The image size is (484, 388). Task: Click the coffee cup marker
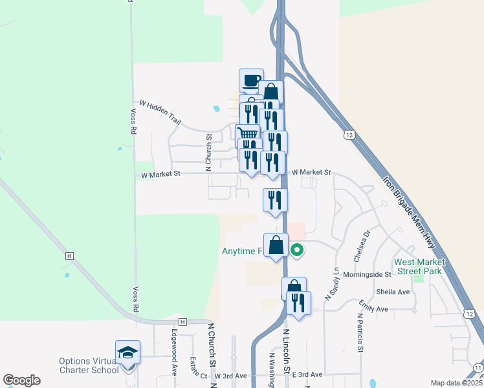(251, 81)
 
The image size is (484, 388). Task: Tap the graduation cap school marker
(127, 352)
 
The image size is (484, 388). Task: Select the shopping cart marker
(246, 135)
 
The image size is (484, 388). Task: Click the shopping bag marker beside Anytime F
(276, 246)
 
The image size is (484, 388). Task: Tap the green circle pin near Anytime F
(297, 250)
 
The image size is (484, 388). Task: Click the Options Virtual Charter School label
(89, 365)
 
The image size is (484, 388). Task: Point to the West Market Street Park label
(418, 267)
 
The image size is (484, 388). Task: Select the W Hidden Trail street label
(160, 111)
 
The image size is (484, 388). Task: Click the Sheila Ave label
(394, 292)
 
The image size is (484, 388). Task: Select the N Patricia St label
(359, 333)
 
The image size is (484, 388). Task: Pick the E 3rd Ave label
(307, 374)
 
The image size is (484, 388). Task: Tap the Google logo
(21, 380)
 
